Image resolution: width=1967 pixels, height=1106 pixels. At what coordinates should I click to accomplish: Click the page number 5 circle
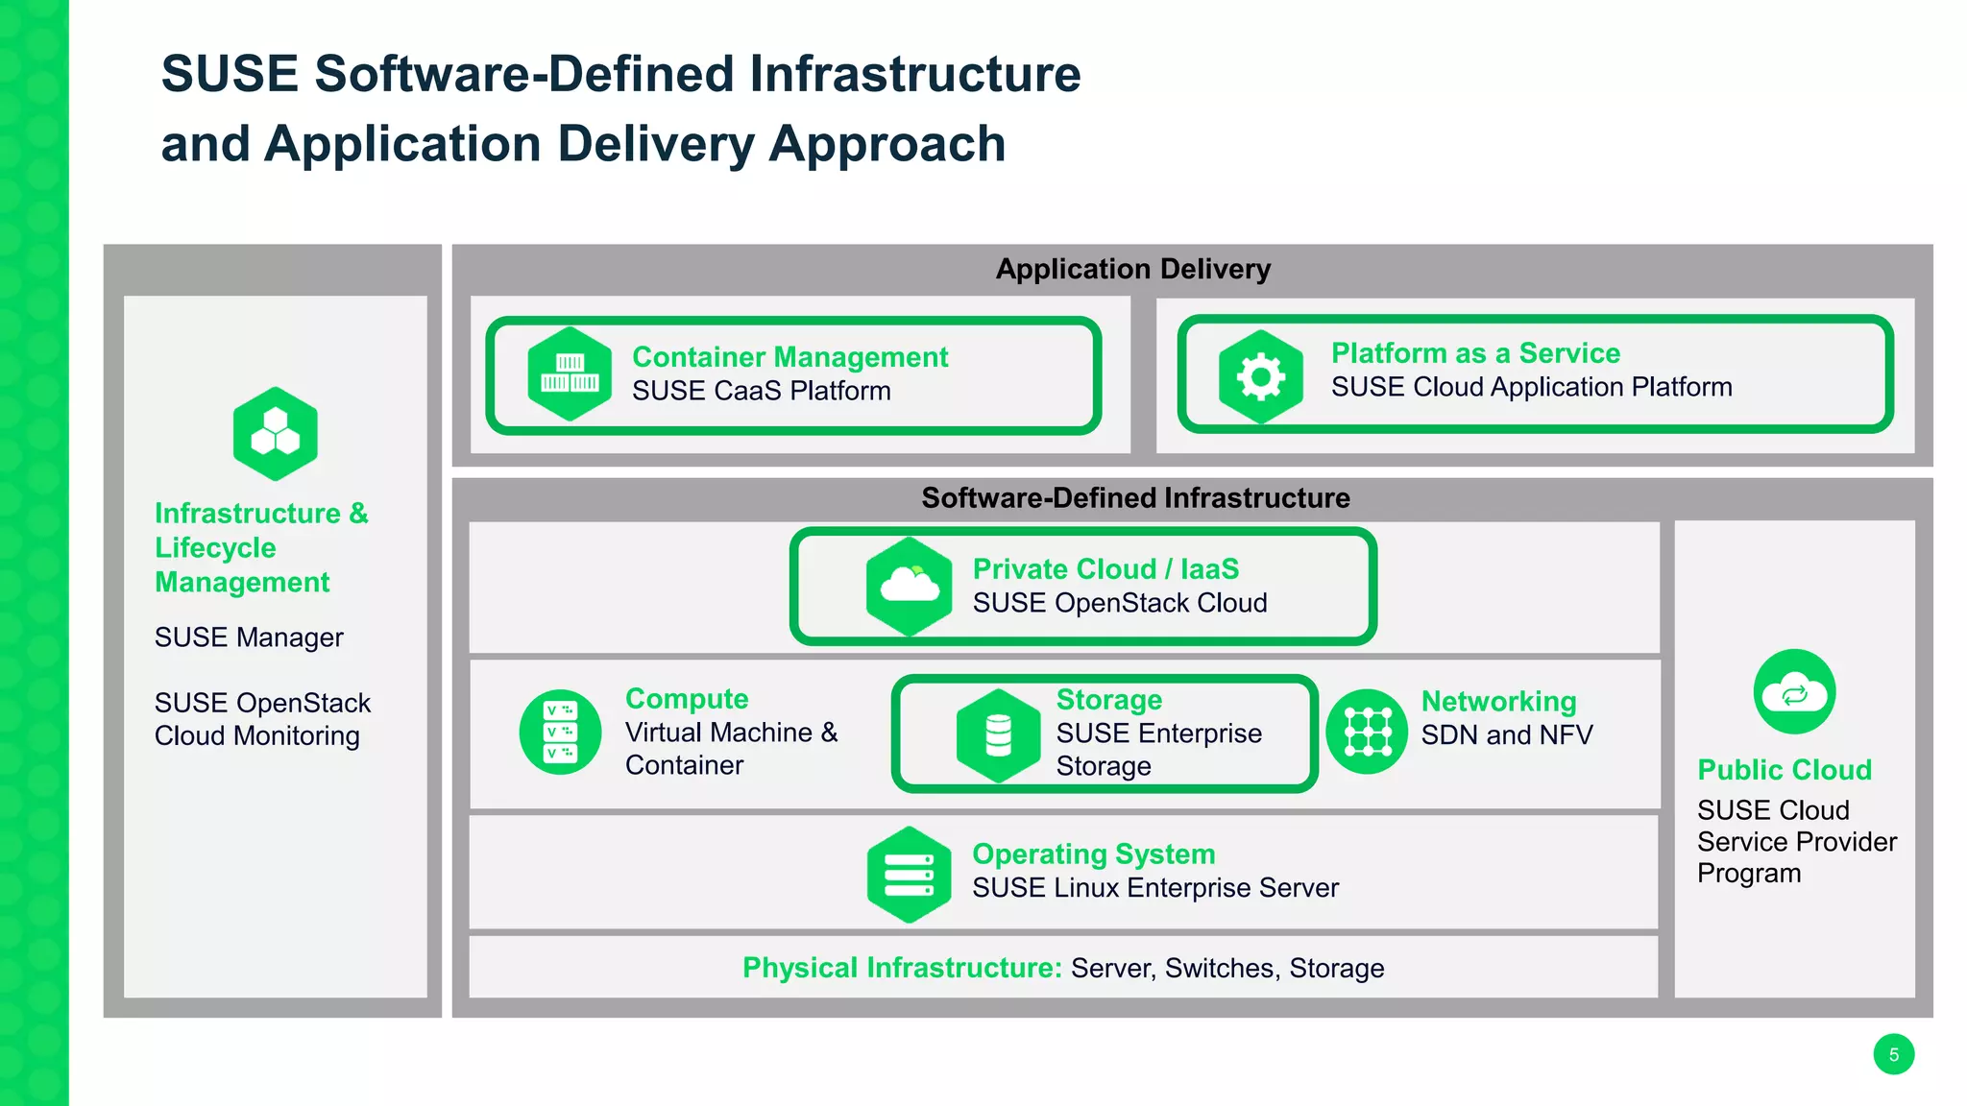(x=1893, y=1054)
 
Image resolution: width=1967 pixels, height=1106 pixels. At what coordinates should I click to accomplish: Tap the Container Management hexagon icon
(x=570, y=374)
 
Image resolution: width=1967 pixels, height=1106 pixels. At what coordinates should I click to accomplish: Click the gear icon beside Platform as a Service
(x=1260, y=376)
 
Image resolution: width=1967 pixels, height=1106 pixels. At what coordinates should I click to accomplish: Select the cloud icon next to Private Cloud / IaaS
(x=909, y=586)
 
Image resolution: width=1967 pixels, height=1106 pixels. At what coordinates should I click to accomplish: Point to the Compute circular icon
(x=560, y=732)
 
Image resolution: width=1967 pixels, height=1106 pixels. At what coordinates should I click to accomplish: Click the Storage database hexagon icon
(x=998, y=735)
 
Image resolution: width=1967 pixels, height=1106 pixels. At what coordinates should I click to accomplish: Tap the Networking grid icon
(x=1367, y=732)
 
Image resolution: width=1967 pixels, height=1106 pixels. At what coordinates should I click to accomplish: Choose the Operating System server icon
(x=909, y=874)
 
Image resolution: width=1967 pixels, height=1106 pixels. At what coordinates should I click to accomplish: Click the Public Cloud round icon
(x=1794, y=691)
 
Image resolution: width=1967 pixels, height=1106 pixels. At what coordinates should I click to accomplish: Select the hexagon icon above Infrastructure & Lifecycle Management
(x=276, y=434)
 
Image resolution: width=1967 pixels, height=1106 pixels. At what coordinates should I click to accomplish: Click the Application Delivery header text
(x=1133, y=269)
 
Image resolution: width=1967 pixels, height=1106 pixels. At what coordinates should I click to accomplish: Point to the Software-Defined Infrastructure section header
(x=1135, y=497)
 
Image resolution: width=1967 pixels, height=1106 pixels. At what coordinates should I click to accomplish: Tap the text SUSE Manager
(x=249, y=637)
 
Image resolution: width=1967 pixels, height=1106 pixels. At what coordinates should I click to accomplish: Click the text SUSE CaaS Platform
(x=761, y=391)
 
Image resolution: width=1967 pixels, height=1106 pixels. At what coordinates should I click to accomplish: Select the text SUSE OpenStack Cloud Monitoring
(x=261, y=719)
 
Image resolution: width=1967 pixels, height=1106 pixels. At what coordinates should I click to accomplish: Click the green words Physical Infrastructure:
(x=902, y=968)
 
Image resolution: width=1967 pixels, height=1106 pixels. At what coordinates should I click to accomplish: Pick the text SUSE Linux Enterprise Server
(x=1154, y=888)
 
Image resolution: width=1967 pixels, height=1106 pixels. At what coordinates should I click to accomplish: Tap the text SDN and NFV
(x=1506, y=735)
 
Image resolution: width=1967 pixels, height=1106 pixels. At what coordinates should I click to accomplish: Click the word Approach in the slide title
(x=886, y=144)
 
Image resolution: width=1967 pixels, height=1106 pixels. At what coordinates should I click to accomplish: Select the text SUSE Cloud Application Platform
(x=1531, y=387)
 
